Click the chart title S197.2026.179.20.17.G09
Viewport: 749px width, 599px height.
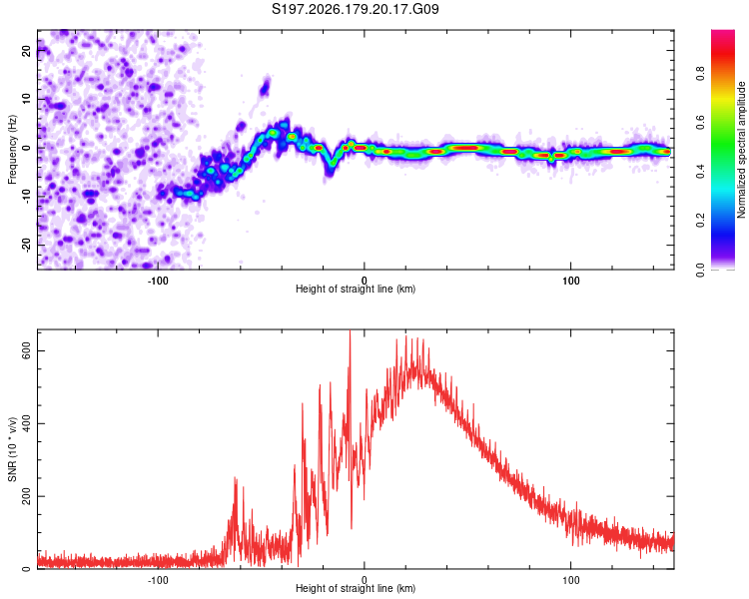point(355,9)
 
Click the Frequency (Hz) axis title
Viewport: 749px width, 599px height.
point(12,150)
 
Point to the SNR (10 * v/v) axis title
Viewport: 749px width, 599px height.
point(12,449)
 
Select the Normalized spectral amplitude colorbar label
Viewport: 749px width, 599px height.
point(741,150)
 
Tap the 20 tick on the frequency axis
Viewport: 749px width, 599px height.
point(26,50)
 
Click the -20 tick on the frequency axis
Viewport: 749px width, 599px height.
point(26,245)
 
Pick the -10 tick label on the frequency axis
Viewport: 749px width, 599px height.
point(26,197)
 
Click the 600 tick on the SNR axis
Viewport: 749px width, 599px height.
point(26,351)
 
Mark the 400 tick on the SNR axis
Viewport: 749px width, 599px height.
point(26,423)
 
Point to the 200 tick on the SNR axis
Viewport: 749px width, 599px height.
point(26,496)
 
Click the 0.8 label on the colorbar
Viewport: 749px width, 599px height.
point(700,74)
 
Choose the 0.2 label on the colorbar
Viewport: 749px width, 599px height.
point(700,221)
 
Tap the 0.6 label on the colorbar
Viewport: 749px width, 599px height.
point(700,122)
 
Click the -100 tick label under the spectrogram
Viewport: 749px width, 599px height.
point(158,281)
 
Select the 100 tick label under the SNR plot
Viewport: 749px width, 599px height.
point(571,580)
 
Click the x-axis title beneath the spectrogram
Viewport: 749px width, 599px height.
point(356,289)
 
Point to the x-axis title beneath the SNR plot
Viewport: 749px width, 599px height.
point(356,588)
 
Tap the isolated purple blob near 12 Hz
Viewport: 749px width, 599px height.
point(265,88)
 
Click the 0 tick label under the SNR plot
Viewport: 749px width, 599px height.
point(365,580)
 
